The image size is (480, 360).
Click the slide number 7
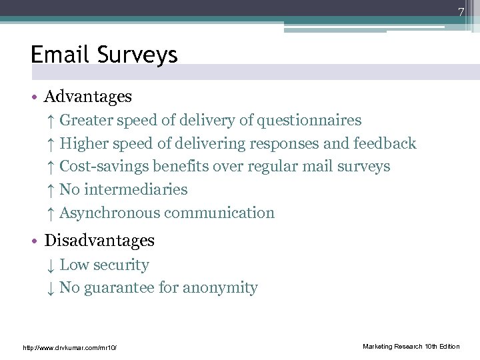coord(460,11)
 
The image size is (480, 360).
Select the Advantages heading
coord(88,97)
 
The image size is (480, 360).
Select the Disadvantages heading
coord(99,241)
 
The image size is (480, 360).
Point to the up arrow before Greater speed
coord(51,121)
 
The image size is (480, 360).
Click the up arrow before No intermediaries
coord(51,190)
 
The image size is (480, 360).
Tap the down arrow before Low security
coord(51,265)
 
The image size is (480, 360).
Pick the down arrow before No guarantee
coord(51,289)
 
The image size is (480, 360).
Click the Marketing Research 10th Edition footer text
coord(411,347)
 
